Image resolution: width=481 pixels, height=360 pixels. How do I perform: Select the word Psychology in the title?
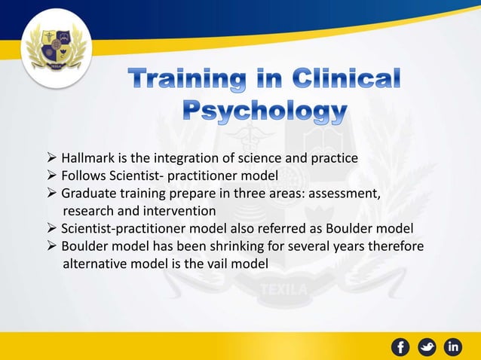(266, 112)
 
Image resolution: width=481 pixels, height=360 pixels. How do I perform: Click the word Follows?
(83, 175)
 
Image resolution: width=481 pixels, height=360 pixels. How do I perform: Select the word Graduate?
(88, 193)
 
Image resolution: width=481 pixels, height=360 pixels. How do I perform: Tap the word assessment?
(345, 193)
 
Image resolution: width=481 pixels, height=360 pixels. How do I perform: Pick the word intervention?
(181, 210)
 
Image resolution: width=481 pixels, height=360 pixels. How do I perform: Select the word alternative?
(94, 264)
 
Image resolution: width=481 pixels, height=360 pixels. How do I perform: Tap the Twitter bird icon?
(428, 346)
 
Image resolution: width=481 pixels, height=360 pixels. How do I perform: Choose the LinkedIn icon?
(454, 346)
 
